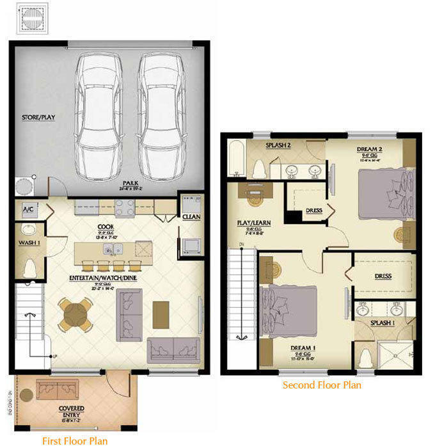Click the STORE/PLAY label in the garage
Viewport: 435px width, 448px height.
click(36, 117)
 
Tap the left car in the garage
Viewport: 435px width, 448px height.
click(99, 115)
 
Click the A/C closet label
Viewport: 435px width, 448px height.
click(28, 209)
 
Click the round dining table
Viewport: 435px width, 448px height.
click(75, 315)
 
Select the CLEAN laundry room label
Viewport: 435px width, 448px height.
click(191, 217)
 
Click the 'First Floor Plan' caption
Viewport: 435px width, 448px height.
click(75, 440)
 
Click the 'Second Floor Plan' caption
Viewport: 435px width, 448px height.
click(322, 385)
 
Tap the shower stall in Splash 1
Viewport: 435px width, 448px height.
click(397, 353)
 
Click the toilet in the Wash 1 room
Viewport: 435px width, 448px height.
click(28, 269)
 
